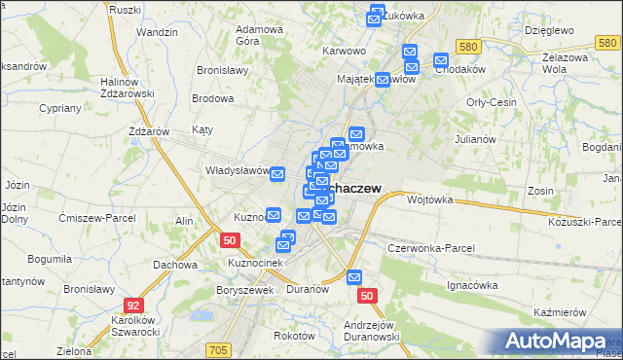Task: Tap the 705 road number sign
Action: tap(218, 349)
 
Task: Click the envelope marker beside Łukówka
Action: tap(377, 16)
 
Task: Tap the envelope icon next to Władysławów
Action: tap(277, 174)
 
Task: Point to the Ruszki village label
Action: tap(127, 9)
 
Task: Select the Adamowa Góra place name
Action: tap(259, 36)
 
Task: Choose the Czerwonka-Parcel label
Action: tap(431, 248)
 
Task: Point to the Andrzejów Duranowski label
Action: tap(373, 331)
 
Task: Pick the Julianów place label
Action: tap(476, 139)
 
